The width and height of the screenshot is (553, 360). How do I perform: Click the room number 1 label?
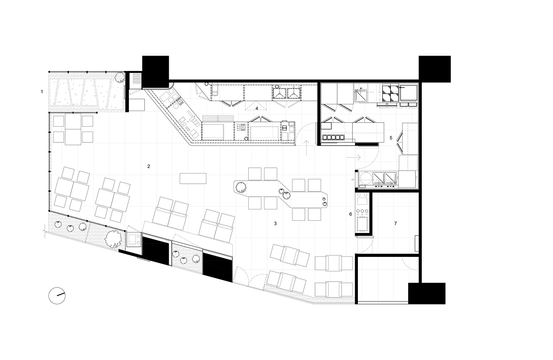[x=42, y=92]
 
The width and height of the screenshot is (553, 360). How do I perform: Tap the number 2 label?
[x=149, y=166]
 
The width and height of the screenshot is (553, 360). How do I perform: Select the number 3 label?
[x=276, y=224]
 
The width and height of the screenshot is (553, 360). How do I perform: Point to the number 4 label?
[x=257, y=108]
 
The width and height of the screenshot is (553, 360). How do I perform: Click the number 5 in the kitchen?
[x=391, y=138]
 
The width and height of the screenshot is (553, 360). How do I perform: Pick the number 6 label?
[x=350, y=214]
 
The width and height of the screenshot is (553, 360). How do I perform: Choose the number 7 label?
[x=395, y=224]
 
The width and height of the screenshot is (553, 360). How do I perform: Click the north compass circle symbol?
[x=57, y=296]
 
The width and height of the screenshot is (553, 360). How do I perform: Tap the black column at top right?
[x=434, y=69]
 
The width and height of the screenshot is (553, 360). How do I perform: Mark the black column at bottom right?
[x=427, y=293]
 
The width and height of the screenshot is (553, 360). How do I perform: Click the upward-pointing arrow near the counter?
[x=307, y=148]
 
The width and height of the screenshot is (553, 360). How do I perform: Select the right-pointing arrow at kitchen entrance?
[x=354, y=157]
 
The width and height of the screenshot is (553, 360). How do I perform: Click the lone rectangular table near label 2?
[x=193, y=178]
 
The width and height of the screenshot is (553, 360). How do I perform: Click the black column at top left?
[x=156, y=72]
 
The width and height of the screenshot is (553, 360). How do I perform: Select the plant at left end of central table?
[x=241, y=187]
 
